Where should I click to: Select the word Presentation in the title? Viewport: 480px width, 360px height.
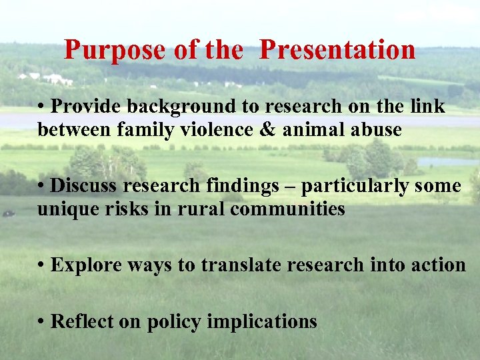pos(337,50)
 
